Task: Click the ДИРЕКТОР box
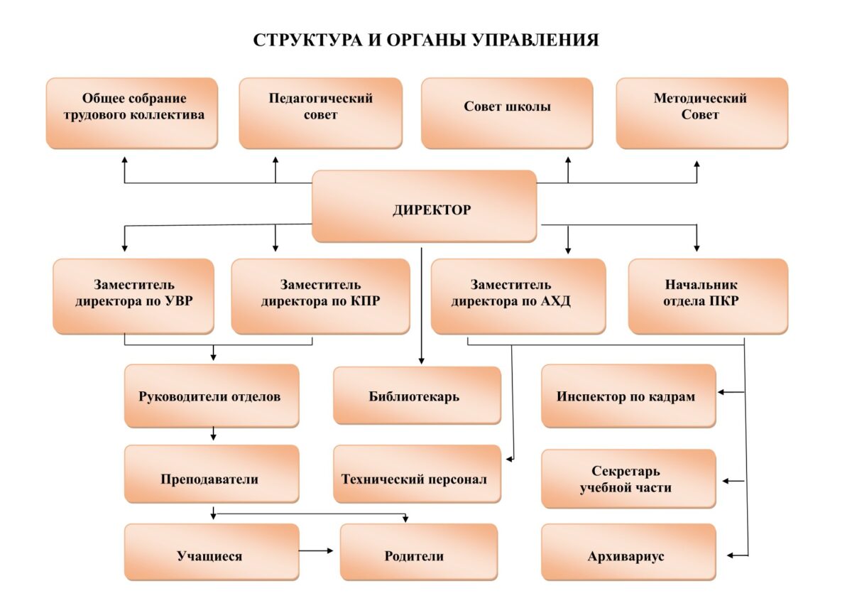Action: (x=424, y=206)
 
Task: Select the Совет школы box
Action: (x=507, y=113)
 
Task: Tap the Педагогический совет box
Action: (x=321, y=113)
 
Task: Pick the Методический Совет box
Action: (x=702, y=113)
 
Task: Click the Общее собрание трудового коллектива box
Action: (x=132, y=113)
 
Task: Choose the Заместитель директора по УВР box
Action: (x=133, y=296)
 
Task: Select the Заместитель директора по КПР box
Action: (x=321, y=296)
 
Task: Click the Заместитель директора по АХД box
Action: (x=518, y=296)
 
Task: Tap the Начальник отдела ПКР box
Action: (x=709, y=296)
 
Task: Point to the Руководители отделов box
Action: (x=212, y=396)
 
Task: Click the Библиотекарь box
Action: (x=417, y=396)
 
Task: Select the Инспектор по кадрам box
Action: (x=629, y=396)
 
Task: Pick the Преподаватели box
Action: (x=212, y=474)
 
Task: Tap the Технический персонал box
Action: (x=417, y=474)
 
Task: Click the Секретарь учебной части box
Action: (x=629, y=479)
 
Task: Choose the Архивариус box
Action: (x=629, y=552)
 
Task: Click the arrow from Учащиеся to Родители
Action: (x=316, y=550)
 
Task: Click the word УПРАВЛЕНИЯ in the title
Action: (x=535, y=40)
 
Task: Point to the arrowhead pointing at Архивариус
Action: (x=730, y=555)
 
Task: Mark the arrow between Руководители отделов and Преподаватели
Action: (x=214, y=433)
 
